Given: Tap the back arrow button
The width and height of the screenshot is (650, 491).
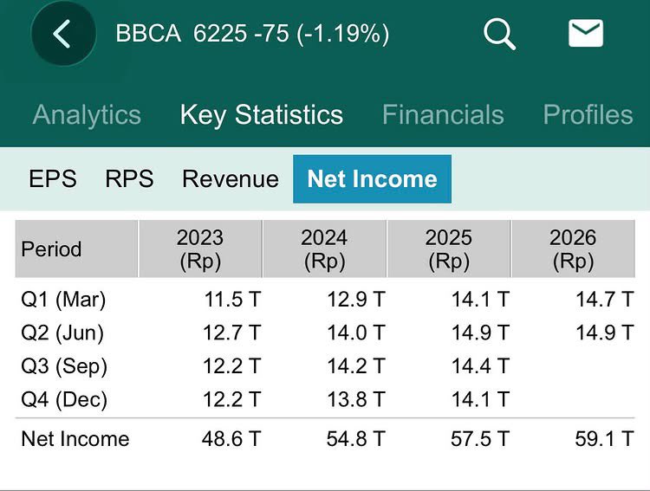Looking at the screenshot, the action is click(63, 34).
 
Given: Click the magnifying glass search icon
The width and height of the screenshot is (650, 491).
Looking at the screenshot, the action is click(499, 34).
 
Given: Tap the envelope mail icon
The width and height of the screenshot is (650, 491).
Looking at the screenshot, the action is click(585, 33).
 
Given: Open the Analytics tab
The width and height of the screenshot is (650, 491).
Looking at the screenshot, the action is click(87, 114).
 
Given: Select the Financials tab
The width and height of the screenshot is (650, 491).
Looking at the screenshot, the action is click(443, 114).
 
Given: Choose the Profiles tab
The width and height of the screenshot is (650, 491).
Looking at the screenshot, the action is click(588, 114).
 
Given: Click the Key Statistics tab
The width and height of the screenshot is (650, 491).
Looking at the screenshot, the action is click(262, 115).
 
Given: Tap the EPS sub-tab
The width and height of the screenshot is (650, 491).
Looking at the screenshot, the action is click(53, 179).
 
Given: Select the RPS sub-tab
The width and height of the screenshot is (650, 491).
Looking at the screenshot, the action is click(129, 179).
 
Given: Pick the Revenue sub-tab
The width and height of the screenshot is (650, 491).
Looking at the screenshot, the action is click(231, 179).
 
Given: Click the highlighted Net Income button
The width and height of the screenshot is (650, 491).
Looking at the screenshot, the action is click(373, 179).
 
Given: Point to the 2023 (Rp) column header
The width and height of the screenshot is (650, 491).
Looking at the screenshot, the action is click(200, 249).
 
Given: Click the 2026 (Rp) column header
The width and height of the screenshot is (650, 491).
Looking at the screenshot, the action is click(573, 249).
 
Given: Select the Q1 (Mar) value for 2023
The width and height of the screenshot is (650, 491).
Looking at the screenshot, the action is click(232, 299).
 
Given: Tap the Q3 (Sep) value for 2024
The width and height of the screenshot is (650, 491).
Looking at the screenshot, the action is click(356, 365).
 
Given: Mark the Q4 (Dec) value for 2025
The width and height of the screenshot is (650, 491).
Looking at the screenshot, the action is click(480, 399).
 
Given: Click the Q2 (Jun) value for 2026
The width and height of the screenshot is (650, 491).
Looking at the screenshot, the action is click(605, 333).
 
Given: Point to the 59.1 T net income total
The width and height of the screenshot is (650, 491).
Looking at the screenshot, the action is click(604, 439).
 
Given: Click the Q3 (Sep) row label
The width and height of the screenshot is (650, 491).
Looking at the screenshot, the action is click(64, 366).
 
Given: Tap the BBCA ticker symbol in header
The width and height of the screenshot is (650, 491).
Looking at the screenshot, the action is click(148, 33).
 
